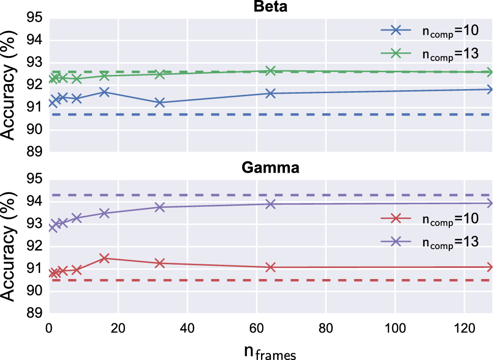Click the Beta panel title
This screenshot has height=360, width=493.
coord(271,7)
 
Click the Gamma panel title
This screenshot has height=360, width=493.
coord(271,168)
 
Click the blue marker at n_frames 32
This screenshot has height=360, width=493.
coord(160,103)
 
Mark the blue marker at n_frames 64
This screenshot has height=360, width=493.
coord(271,93)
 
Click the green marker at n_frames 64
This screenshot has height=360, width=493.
coord(271,71)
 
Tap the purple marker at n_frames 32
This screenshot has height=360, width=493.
coord(160,207)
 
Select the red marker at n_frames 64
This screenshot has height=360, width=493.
coord(271,267)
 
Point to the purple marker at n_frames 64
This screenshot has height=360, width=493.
coord(271,204)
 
